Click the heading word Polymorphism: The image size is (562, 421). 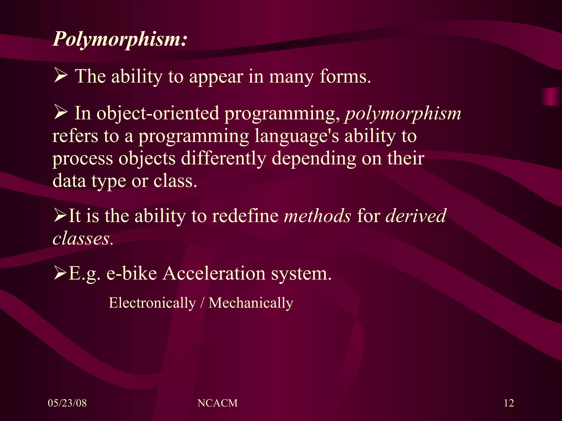click(120, 39)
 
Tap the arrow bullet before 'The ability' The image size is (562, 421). click(61, 76)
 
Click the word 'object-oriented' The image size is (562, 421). click(158, 113)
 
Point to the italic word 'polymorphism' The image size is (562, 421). click(403, 113)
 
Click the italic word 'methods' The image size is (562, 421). click(317, 216)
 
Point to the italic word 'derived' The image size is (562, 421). click(416, 216)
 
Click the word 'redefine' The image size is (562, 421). click(245, 216)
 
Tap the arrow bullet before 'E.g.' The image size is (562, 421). click(60, 273)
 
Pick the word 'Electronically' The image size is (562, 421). click(152, 303)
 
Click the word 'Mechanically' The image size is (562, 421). click(251, 303)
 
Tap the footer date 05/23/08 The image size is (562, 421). click(67, 403)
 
